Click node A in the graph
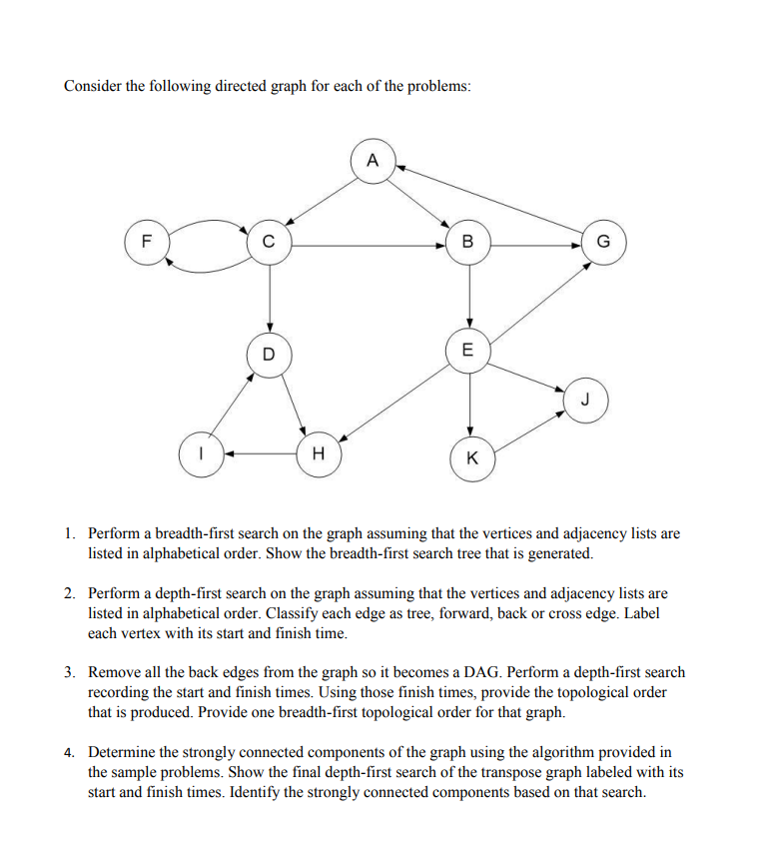click(373, 161)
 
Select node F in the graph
click(147, 242)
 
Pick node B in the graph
click(468, 243)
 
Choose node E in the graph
click(469, 350)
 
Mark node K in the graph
click(472, 459)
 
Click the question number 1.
click(69, 534)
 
